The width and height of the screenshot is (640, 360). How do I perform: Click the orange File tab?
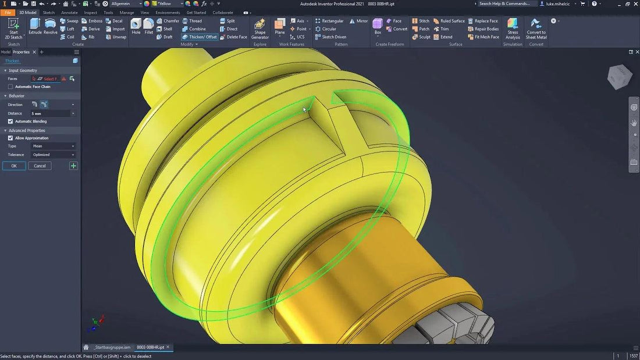pos(8,12)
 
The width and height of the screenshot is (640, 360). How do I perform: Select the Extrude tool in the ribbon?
pos(35,26)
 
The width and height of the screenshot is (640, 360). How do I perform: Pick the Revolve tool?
pos(51,26)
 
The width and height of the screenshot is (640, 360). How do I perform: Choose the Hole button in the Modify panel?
pos(136,26)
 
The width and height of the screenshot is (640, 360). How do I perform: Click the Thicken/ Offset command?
pos(199,37)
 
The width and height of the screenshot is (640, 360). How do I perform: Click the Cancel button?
pos(40,166)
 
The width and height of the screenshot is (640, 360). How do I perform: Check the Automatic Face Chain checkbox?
pos(10,87)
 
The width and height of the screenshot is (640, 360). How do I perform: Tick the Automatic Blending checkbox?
pos(10,121)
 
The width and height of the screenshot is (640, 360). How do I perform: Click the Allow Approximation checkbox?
pos(10,138)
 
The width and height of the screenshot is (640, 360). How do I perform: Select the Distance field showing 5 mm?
pos(50,113)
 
